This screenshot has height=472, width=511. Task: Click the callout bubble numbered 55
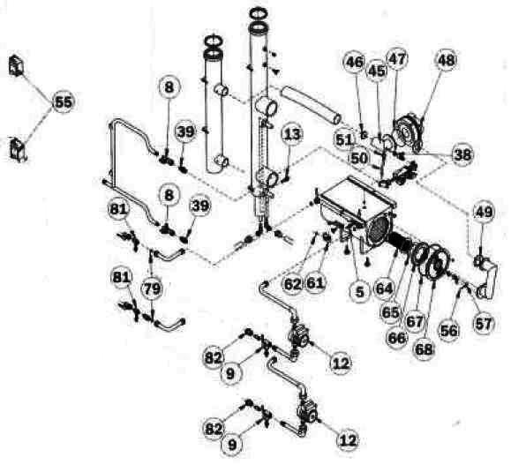click(x=63, y=101)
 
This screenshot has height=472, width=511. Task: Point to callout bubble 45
click(x=377, y=70)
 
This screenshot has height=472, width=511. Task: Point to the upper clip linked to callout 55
click(x=15, y=66)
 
